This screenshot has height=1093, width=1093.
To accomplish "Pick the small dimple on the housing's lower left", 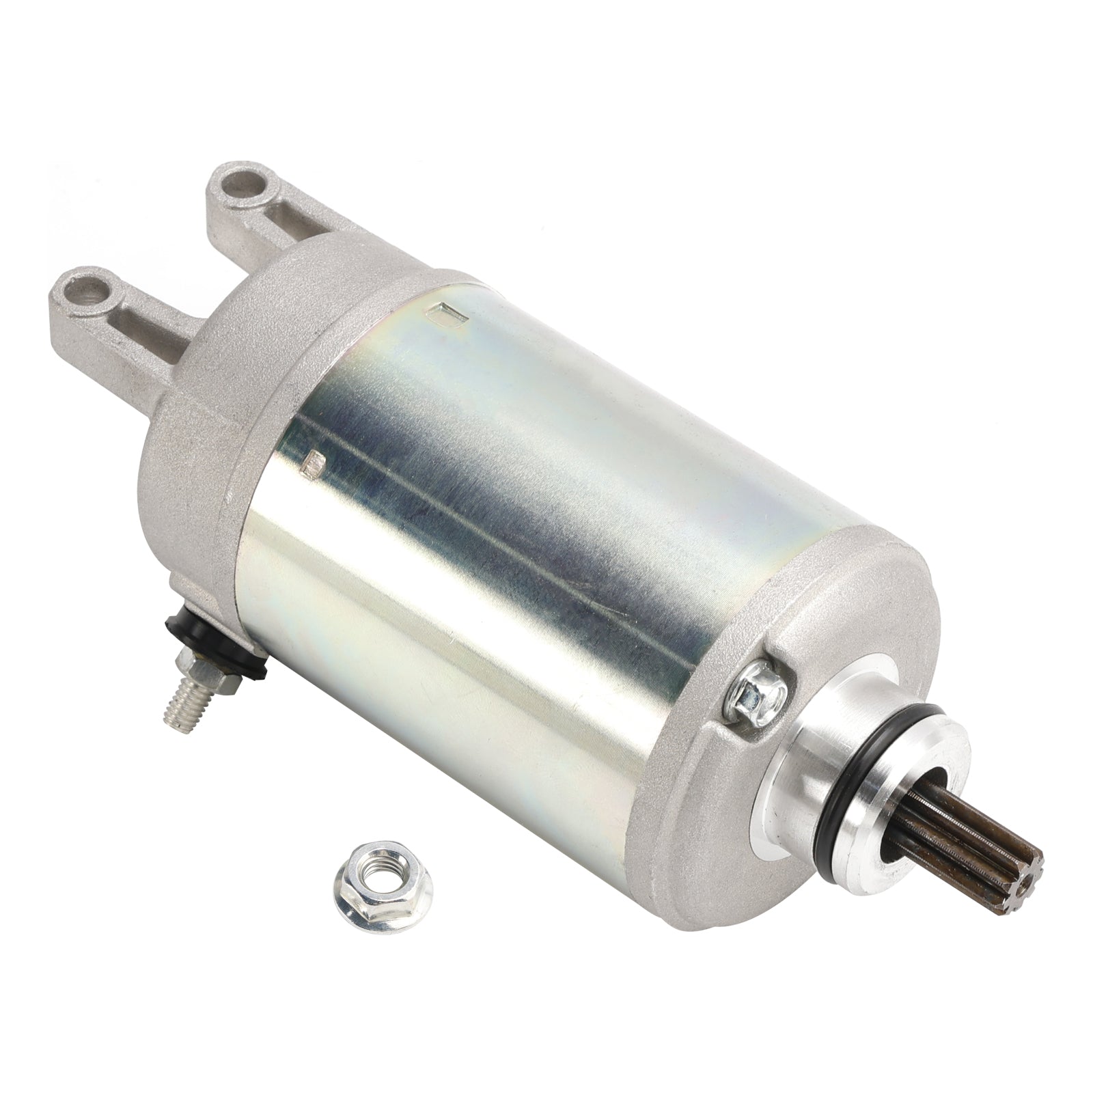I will click(315, 465).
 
